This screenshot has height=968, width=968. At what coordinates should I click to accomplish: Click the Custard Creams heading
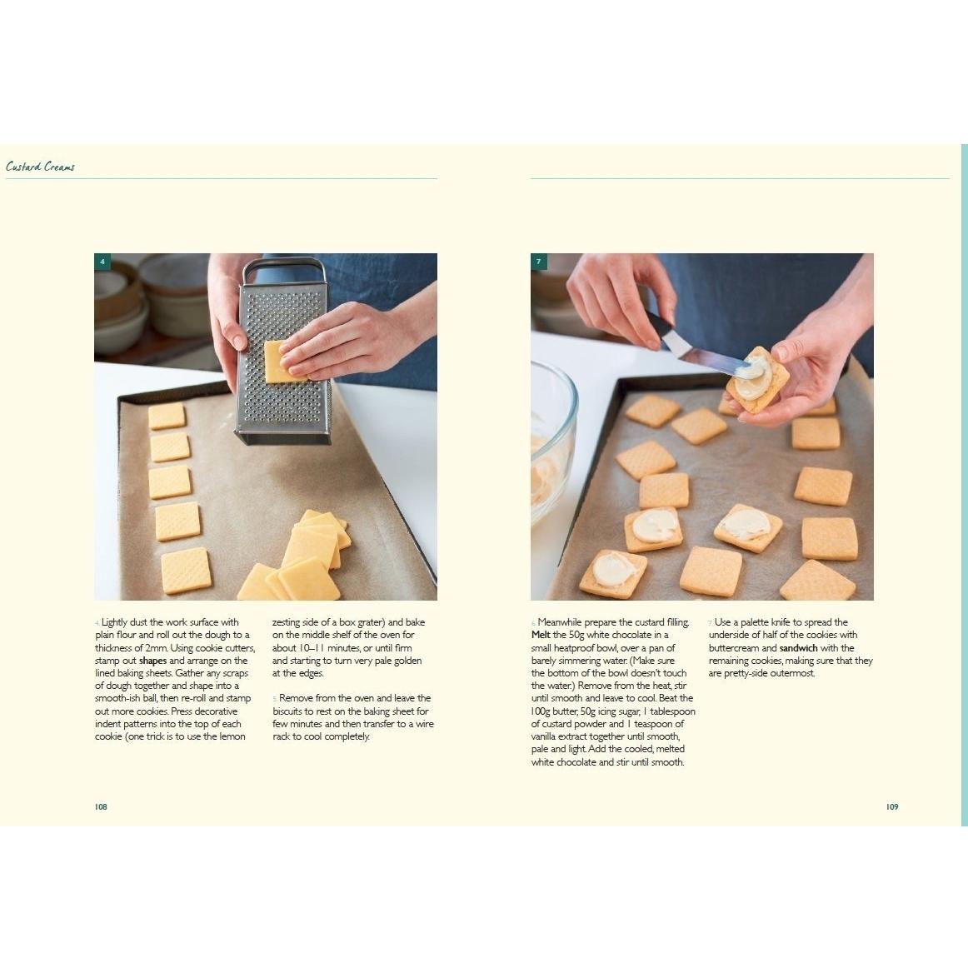[40, 167]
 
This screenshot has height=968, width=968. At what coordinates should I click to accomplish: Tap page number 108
[102, 807]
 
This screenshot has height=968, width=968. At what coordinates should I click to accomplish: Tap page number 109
[892, 807]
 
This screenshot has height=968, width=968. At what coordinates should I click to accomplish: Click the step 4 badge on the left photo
[102, 262]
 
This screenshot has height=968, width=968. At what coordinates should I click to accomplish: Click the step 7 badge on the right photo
[539, 262]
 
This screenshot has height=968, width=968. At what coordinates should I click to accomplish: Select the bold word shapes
[152, 661]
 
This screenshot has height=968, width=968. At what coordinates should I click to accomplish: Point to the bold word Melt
[541, 635]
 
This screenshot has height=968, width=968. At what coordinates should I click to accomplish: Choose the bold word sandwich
[798, 648]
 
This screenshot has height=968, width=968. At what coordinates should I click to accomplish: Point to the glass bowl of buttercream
[551, 438]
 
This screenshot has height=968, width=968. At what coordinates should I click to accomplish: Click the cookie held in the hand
[757, 380]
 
